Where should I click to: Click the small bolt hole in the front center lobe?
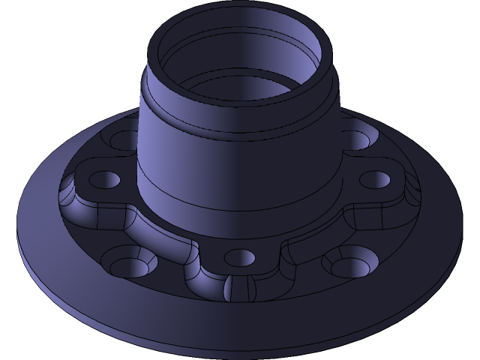[x=240, y=256]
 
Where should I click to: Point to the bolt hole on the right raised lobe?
[x=375, y=180]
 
